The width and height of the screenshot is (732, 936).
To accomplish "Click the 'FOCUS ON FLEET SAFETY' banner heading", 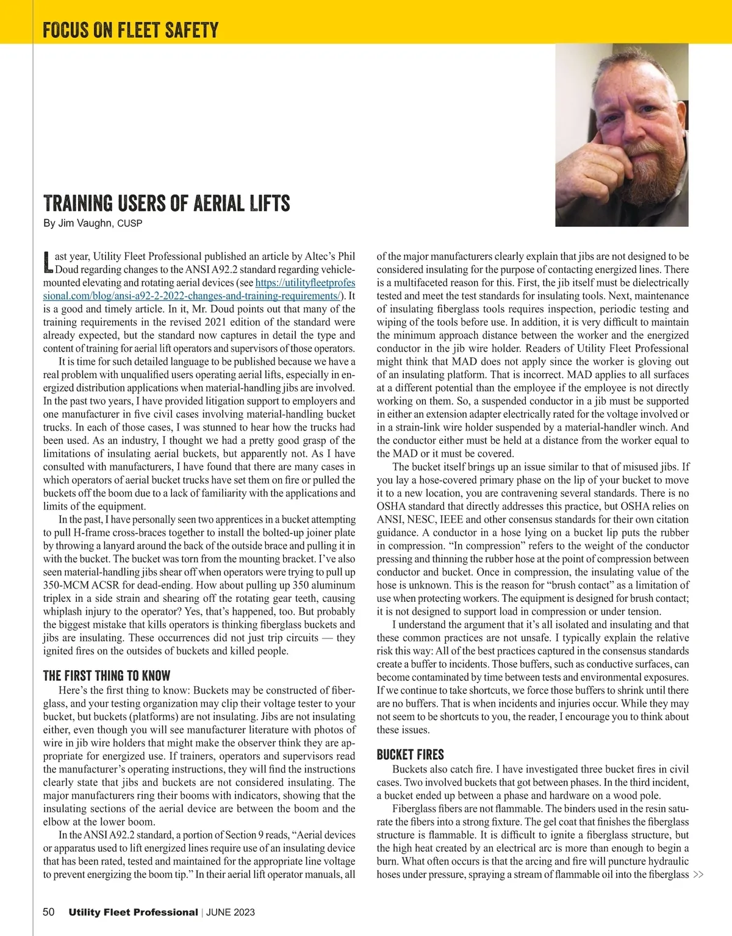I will tap(131, 29).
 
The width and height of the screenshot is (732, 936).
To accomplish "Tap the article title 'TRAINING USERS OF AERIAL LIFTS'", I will tap(167, 203).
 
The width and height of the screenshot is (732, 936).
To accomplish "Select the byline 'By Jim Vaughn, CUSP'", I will tap(93, 223).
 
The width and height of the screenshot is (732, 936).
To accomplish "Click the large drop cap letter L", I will tap(48, 262).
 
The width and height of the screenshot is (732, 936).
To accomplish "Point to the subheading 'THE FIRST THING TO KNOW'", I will tap(107, 676).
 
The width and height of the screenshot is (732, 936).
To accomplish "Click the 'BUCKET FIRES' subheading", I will tap(410, 755).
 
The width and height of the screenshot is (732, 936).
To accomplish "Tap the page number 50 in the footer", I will tap(49, 912).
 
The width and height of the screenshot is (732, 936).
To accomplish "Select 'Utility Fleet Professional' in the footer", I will tap(133, 912).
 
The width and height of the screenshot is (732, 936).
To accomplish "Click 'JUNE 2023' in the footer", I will tap(231, 913).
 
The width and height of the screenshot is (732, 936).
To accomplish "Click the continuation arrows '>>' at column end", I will tap(698, 875).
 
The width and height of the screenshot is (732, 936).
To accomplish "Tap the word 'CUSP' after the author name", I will tap(129, 224).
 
